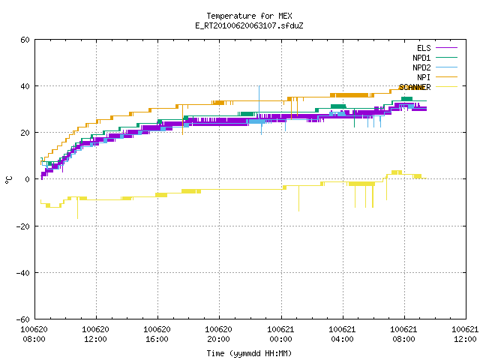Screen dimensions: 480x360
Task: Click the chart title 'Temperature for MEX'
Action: (x=249, y=16)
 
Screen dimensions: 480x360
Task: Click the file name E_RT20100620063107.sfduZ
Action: (x=249, y=25)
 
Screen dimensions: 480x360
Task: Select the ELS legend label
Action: (x=424, y=48)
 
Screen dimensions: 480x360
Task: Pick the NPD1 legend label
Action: (x=421, y=58)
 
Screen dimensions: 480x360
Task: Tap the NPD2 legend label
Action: (x=421, y=67)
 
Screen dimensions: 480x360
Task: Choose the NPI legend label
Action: (x=424, y=77)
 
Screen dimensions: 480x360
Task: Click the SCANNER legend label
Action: (x=415, y=87)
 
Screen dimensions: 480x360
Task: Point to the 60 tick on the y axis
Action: (x=25, y=40)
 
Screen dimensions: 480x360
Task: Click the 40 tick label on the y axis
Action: (x=25, y=86)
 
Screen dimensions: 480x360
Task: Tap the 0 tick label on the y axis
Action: (x=27, y=179)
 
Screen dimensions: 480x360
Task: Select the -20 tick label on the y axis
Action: (x=23, y=226)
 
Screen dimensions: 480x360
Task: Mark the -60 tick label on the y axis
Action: (x=23, y=319)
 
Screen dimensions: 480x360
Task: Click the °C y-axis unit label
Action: (x=8, y=180)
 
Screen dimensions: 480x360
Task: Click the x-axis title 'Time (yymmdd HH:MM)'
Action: (x=249, y=353)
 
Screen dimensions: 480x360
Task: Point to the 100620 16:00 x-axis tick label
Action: (x=157, y=334)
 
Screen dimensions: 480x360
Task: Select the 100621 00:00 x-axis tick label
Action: (x=280, y=334)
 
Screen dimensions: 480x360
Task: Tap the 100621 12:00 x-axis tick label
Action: (x=465, y=334)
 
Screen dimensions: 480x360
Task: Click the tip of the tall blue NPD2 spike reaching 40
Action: (x=259, y=86)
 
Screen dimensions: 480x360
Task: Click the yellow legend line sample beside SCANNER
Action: (x=446, y=87)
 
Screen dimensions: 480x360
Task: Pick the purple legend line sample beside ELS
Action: (x=446, y=48)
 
